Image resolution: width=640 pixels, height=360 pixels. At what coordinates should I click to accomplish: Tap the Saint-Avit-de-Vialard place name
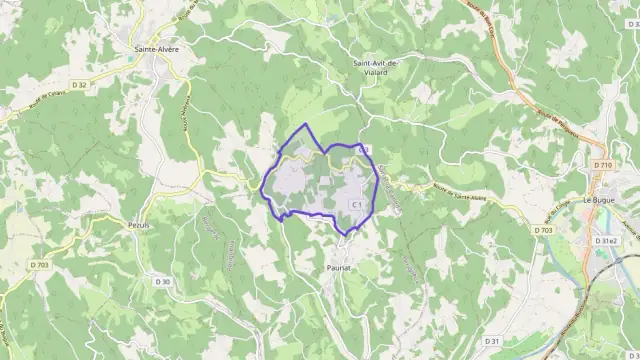coord(376,66)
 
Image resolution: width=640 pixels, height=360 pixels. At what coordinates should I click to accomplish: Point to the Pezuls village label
coord(139,226)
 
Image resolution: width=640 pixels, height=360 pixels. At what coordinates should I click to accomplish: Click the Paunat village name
coord(338,269)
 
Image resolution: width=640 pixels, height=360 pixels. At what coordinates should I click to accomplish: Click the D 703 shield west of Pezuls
coord(39,265)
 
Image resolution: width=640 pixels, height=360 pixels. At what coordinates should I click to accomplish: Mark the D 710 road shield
coord(601,164)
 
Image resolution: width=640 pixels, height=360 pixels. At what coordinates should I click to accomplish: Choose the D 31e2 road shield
coord(606,241)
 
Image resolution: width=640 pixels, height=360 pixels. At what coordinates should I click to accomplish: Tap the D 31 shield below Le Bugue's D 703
coord(492,342)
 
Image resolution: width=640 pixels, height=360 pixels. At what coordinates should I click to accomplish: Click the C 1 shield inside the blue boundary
coord(355,204)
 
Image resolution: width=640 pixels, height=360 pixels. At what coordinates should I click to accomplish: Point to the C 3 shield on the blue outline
coord(364,149)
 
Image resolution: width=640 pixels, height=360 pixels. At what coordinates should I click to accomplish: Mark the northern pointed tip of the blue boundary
coord(306,124)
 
